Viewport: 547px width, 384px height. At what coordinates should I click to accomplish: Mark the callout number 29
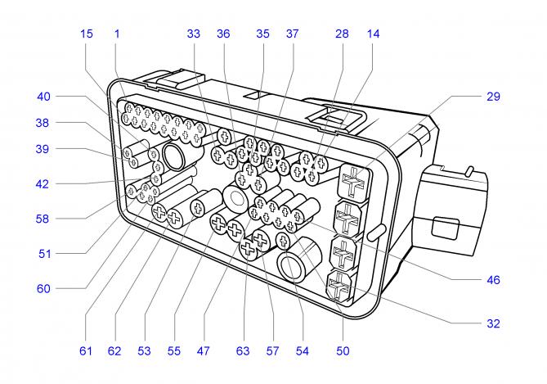pos(492,97)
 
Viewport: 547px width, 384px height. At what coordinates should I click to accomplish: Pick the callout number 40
pos(43,97)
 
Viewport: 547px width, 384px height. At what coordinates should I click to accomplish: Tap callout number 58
pos(43,219)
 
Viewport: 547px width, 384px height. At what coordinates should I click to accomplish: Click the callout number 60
pos(43,288)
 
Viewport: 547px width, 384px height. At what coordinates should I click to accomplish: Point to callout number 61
pos(87,351)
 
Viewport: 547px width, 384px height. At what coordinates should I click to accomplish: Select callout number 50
pos(343,351)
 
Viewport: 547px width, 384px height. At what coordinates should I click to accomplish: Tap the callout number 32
pos(492,323)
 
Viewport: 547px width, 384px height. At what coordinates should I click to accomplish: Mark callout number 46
pos(492,280)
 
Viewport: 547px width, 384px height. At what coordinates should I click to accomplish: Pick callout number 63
pos(242,351)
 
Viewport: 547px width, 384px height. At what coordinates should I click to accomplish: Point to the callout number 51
pos(43,254)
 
